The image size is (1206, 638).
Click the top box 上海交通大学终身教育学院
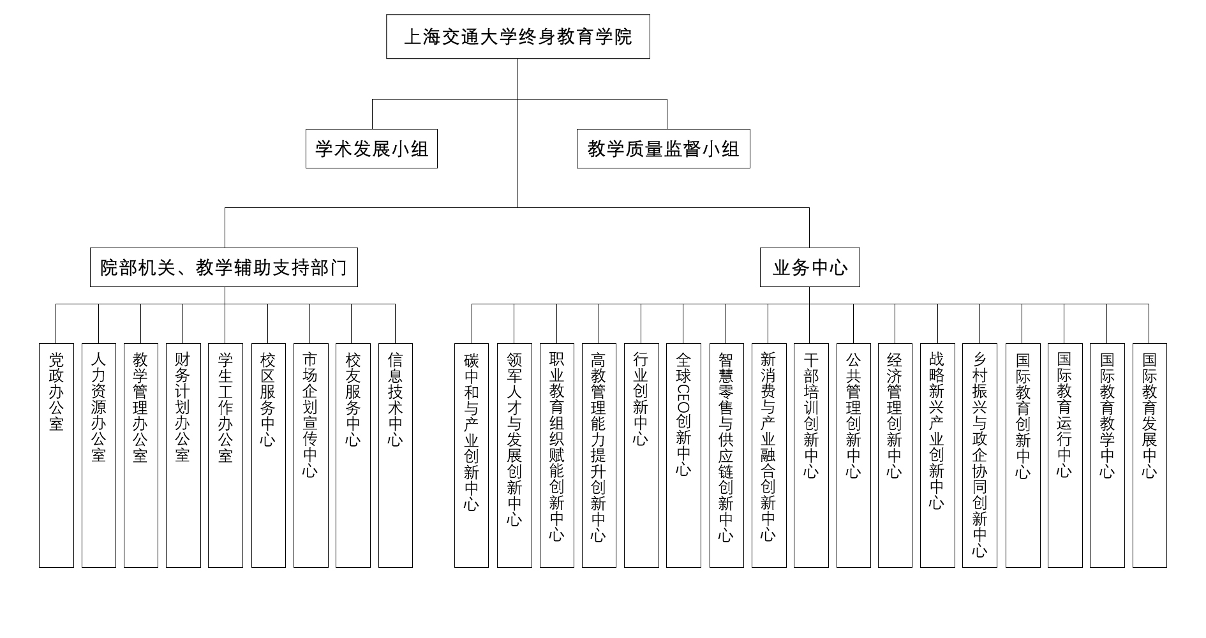[x=517, y=36]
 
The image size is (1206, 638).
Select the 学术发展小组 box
[x=371, y=149]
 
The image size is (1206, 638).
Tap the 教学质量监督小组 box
[x=663, y=149]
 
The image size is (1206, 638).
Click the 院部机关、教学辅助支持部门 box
[x=224, y=267]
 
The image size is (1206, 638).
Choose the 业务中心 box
[x=810, y=267]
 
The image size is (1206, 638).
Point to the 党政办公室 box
[x=56, y=456]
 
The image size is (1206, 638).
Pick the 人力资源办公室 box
[x=99, y=456]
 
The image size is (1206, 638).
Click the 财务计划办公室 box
[x=183, y=456]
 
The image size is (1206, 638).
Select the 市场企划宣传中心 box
[x=311, y=456]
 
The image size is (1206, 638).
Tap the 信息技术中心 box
[x=396, y=456]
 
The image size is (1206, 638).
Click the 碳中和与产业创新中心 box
[x=472, y=456]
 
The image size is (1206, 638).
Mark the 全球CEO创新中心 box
[x=683, y=456]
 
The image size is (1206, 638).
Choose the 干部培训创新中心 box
[x=811, y=456]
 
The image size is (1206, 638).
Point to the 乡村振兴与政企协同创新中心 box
[x=979, y=456]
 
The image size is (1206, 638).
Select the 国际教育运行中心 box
[x=1065, y=456]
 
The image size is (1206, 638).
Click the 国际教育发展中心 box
[x=1150, y=456]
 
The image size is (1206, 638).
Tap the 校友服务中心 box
[x=353, y=456]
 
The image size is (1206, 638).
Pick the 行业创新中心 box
[x=641, y=456]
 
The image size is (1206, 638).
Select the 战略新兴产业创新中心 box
[x=937, y=456]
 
